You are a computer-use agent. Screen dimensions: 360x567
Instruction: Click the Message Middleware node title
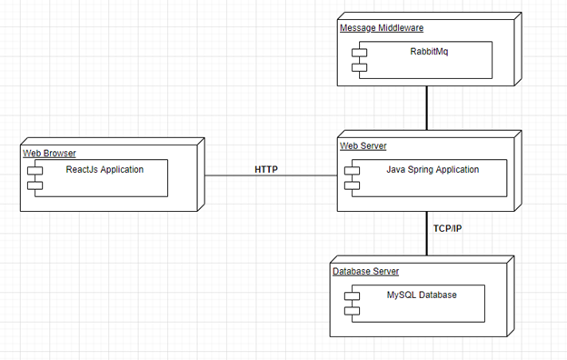[381, 28]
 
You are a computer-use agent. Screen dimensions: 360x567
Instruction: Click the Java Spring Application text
[433, 169]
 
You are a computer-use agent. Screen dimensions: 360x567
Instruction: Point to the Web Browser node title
[49, 154]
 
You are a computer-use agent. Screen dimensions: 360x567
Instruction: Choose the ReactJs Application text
[104, 169]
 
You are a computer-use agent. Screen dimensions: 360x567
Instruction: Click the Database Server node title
[365, 271]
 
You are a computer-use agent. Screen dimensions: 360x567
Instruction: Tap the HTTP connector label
[266, 169]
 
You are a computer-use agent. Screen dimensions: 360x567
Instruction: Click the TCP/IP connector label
[446, 228]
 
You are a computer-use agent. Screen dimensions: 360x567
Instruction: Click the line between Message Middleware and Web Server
[427, 109]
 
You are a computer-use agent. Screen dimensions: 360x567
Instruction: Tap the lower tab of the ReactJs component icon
[35, 185]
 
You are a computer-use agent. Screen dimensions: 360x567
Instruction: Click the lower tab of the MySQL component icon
[348, 311]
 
